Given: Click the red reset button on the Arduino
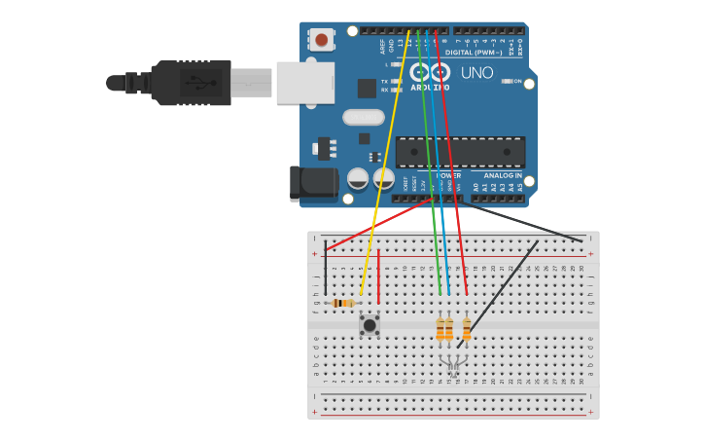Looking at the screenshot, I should click(321, 40).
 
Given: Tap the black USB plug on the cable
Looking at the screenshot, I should click(191, 83).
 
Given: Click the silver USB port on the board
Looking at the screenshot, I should click(304, 83).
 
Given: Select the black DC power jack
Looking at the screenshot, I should click(313, 184).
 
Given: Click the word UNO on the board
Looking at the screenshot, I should click(476, 73).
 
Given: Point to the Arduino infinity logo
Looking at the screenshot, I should click(431, 72).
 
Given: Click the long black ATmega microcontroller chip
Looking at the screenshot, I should click(460, 152).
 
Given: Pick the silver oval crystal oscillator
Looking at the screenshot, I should click(363, 117).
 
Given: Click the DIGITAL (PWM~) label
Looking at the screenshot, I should click(472, 53).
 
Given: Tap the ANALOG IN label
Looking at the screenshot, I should click(503, 176).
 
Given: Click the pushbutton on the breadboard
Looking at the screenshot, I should click(369, 324).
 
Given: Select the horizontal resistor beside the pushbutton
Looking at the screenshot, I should click(342, 303).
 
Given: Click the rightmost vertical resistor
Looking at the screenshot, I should click(467, 328).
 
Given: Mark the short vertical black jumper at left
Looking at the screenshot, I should click(325, 268).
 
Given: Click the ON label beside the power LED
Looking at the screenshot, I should click(517, 82).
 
